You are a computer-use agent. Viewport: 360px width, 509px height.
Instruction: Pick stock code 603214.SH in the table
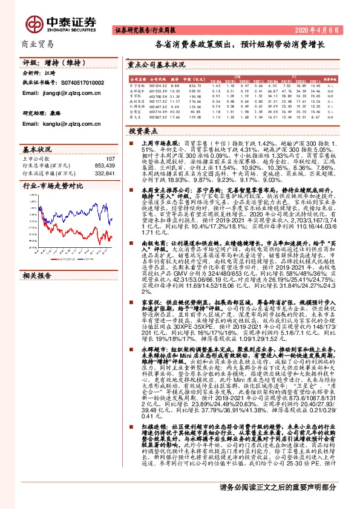point(157,111)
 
